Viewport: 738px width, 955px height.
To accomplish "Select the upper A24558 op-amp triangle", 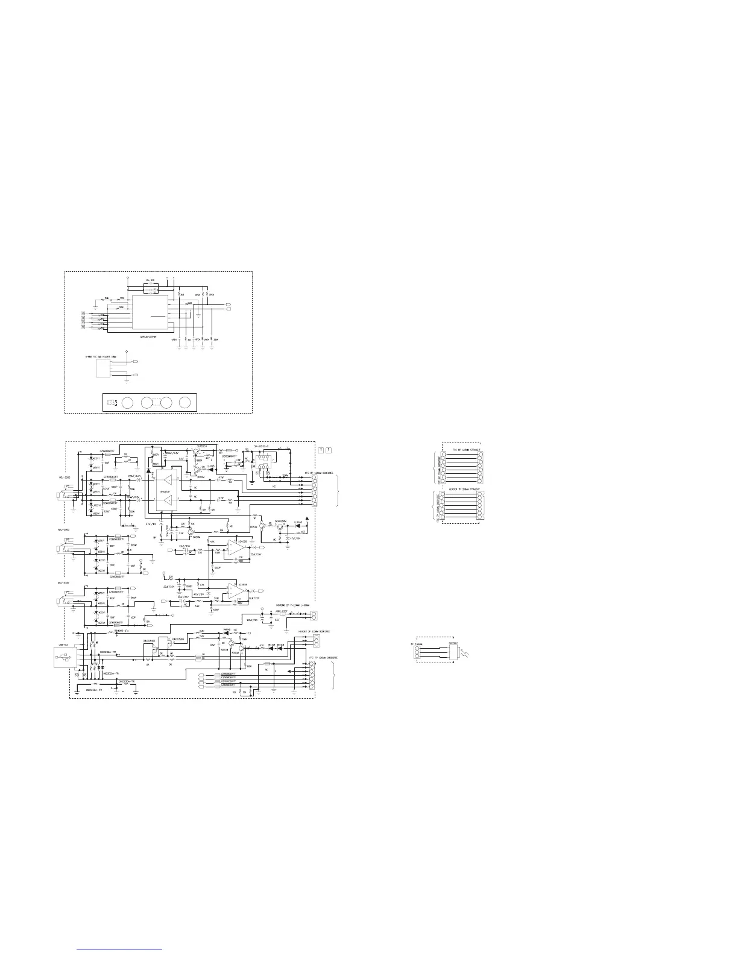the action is click(235, 547).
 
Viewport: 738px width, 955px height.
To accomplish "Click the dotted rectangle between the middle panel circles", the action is click(157, 403).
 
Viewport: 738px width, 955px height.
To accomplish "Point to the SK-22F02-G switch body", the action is click(263, 458).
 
